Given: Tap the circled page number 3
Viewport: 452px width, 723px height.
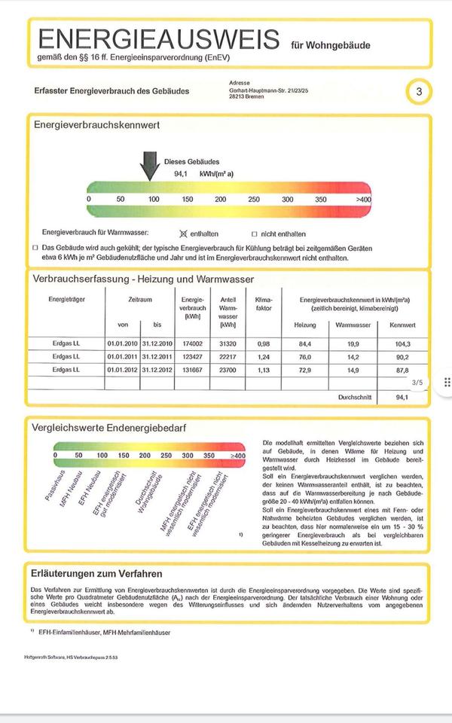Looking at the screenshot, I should click(x=420, y=92).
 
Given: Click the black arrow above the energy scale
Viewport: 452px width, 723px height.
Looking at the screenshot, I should click(x=150, y=165).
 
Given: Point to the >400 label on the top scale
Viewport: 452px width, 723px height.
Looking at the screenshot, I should click(x=363, y=199).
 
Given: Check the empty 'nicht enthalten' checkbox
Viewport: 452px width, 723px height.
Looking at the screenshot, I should click(x=254, y=233).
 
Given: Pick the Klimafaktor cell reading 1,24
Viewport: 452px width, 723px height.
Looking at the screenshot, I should click(x=263, y=356).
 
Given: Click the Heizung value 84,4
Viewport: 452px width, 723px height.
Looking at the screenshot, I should click(x=304, y=343).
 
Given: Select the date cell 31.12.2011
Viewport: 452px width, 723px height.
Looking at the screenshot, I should click(x=157, y=356).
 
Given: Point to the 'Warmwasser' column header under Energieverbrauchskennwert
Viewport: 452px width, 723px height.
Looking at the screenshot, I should click(x=350, y=325).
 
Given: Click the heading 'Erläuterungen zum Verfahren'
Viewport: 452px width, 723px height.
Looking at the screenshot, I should click(x=96, y=574).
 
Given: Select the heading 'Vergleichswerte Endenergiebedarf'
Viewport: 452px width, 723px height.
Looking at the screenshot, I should click(x=109, y=428).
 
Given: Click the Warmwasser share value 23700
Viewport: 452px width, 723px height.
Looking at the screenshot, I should click(x=228, y=370).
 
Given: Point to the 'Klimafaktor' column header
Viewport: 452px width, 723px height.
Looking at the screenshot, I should click(x=263, y=304).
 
